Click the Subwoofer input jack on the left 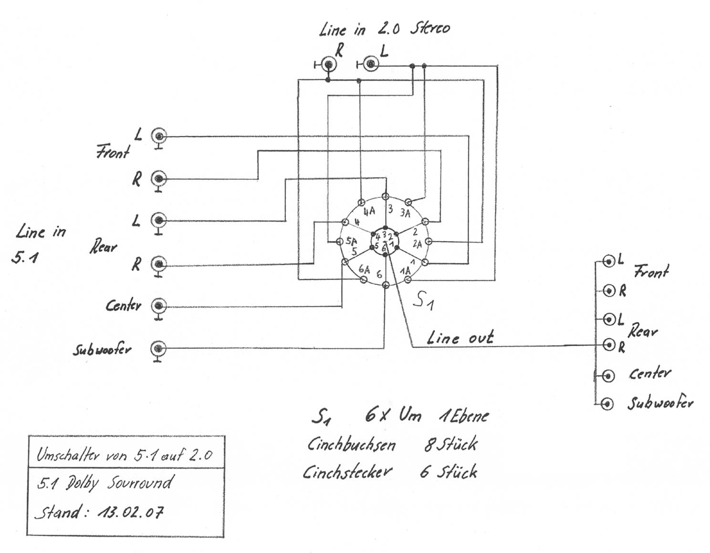[158, 348]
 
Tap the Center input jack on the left [158, 305]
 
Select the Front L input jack [159, 136]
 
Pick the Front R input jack [159, 179]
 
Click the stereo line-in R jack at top [328, 63]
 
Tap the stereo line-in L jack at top [370, 63]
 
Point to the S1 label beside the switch [423, 301]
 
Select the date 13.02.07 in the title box [130, 512]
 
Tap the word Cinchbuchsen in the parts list [351, 445]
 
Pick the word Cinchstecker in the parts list [347, 472]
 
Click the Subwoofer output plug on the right [607, 404]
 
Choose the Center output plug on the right [608, 376]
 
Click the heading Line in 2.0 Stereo [384, 29]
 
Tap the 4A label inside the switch [369, 211]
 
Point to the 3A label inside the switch [405, 213]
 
